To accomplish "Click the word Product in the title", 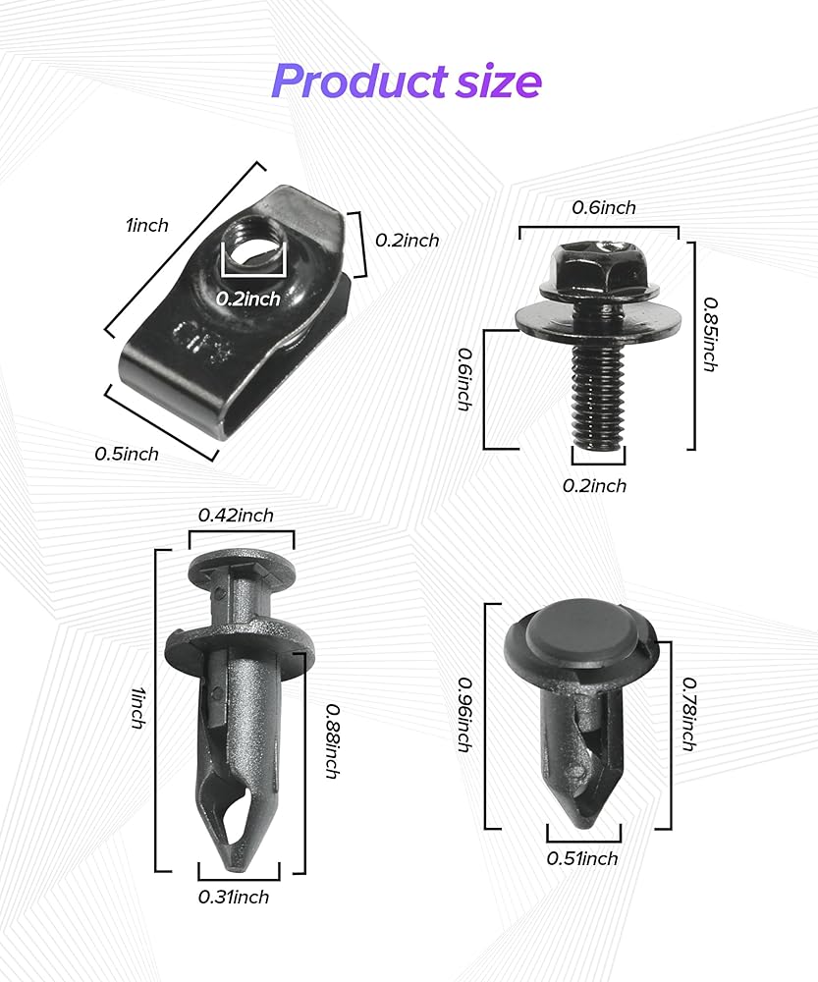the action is coord(358,82).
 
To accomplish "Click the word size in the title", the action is coord(499,82).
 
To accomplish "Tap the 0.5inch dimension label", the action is coord(127,454).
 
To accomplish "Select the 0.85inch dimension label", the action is coord(710,335).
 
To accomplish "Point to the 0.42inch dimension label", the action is coord(236,516).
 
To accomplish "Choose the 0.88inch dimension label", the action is coord(333,740).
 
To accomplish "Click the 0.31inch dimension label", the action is coord(234,897).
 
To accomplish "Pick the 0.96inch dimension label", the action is coord(464,715).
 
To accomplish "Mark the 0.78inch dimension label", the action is coord(689,714).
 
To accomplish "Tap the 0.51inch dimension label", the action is coord(582,858).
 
